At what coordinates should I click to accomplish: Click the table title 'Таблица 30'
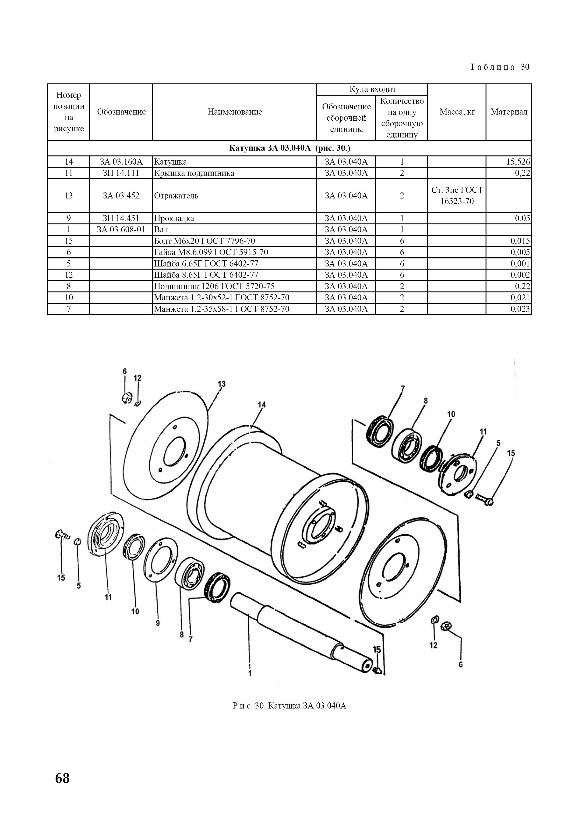499,67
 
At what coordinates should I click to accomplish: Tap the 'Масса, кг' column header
457,112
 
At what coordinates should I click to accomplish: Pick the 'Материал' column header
509,112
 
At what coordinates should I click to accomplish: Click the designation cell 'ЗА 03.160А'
121,162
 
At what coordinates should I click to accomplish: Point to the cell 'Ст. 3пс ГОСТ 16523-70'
457,196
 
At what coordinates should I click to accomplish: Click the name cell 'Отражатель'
176,196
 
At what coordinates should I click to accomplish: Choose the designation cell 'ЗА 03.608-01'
121,229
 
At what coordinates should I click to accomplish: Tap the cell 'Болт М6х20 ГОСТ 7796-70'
205,241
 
